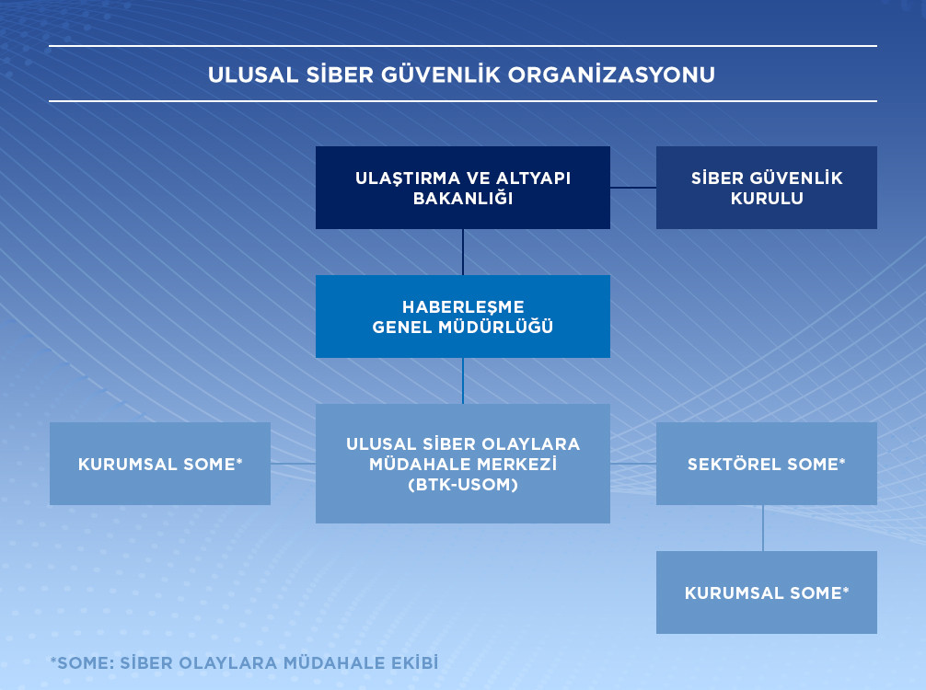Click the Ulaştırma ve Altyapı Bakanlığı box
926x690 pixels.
click(x=463, y=188)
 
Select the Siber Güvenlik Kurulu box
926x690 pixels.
click(x=767, y=188)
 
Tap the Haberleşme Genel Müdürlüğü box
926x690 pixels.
click(x=463, y=316)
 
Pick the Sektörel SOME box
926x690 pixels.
click(x=767, y=464)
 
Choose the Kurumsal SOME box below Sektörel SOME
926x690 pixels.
click(x=767, y=592)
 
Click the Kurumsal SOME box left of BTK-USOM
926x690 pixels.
click(x=160, y=464)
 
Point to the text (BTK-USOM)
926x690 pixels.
click(x=463, y=485)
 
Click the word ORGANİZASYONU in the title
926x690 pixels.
click(x=611, y=75)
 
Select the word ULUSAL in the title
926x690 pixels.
click(x=253, y=75)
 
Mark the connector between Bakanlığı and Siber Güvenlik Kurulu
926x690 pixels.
click(x=633, y=188)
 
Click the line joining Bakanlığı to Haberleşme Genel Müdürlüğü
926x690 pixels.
click(x=463, y=252)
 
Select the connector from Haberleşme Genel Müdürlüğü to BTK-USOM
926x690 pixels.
click(x=463, y=381)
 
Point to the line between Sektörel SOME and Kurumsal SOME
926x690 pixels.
click(x=763, y=528)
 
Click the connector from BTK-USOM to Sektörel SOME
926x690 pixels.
click(x=633, y=464)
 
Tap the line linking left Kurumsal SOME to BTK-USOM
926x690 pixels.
click(x=293, y=464)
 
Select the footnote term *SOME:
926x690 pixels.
click(x=83, y=662)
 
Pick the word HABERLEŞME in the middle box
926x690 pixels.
click(x=463, y=307)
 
